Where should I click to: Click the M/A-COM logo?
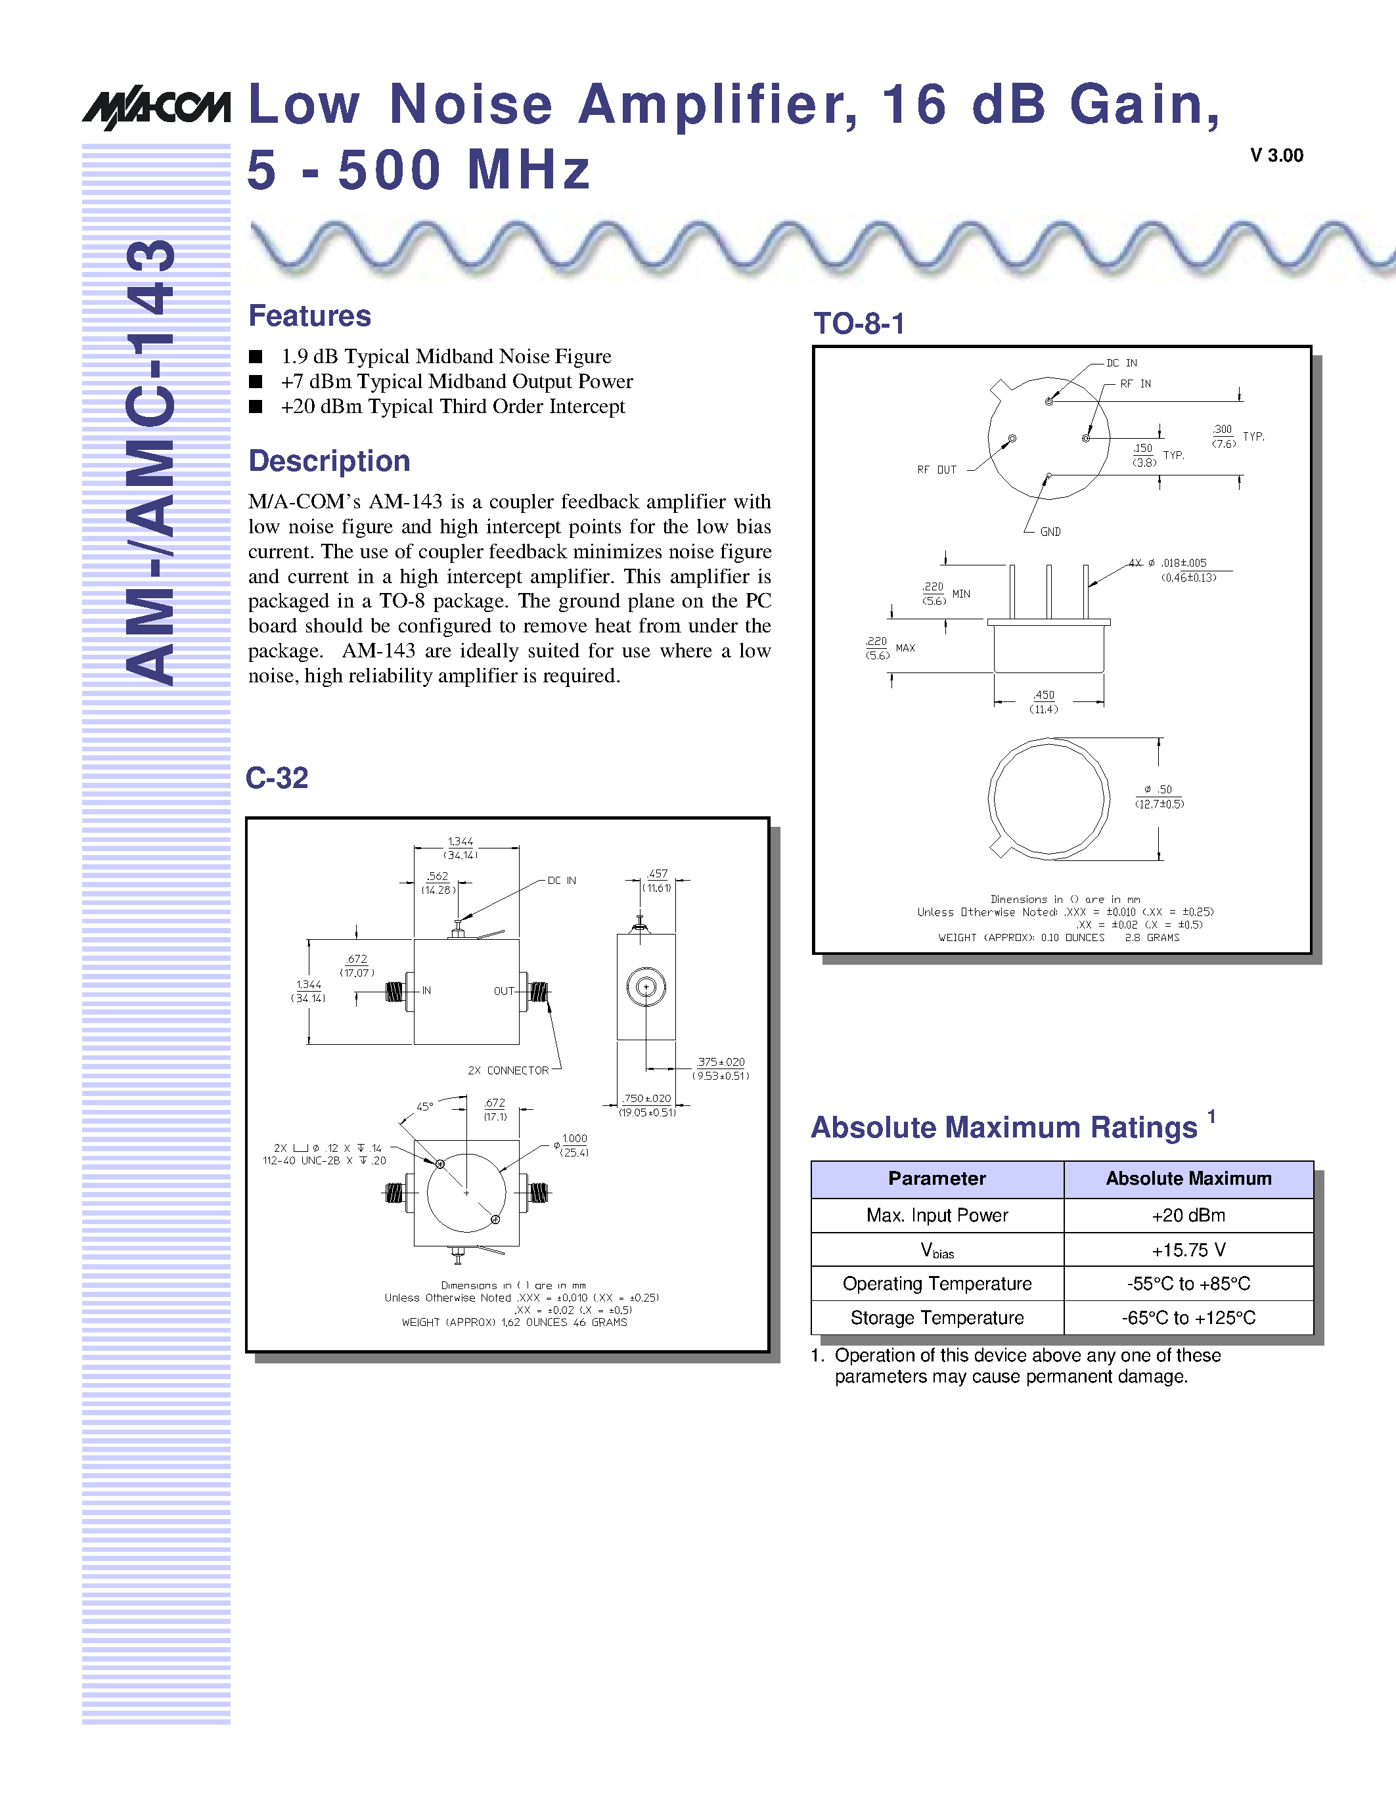[156, 106]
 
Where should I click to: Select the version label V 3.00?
[1276, 156]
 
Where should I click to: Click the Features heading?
[309, 316]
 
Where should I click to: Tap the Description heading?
[329, 460]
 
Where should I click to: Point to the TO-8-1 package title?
[859, 323]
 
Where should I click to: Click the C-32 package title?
[277, 778]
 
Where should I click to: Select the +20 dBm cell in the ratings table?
[1188, 1215]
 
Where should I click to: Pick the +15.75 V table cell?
[1188, 1250]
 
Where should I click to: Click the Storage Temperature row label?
[937, 1318]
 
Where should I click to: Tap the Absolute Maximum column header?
[1188, 1178]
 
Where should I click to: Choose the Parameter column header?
[937, 1178]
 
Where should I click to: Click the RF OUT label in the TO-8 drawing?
[936, 470]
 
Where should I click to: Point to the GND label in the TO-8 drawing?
[1050, 532]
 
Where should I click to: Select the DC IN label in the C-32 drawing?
[562, 881]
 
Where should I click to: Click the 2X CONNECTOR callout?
[508, 1070]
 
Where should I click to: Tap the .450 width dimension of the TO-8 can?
[1044, 695]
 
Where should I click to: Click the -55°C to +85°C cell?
[1188, 1283]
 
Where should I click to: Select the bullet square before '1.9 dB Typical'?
[256, 357]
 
